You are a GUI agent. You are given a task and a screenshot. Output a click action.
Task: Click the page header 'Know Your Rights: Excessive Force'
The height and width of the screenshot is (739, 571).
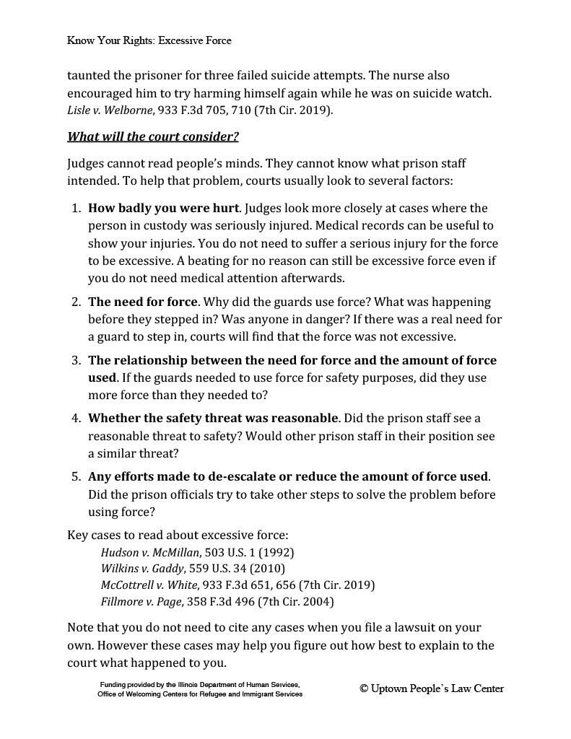coord(149,40)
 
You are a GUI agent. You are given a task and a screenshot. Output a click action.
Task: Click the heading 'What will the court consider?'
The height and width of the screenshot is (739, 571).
coord(152,136)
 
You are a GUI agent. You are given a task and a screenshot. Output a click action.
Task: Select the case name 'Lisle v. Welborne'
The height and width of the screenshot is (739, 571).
coord(109,110)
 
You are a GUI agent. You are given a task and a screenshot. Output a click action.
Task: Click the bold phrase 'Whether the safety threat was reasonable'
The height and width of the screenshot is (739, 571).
coord(213,419)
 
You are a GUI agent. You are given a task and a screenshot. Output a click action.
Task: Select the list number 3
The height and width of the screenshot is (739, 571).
coord(76,360)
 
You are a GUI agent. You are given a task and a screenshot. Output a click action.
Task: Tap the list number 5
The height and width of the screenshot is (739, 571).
coord(76,477)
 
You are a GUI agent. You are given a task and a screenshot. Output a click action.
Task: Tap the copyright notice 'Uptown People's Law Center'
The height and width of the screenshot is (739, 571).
coord(432,688)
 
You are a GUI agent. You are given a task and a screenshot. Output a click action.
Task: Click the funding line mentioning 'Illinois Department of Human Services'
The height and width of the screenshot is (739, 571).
coord(199,683)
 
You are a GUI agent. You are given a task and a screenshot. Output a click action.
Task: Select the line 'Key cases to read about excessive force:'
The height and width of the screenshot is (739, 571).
coord(178,535)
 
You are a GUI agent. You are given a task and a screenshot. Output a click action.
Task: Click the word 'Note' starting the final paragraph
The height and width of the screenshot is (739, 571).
coord(81,628)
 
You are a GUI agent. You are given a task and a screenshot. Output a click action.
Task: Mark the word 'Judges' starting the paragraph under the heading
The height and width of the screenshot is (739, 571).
coord(86,164)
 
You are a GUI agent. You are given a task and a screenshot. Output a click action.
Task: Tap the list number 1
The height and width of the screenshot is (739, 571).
coord(76,209)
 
